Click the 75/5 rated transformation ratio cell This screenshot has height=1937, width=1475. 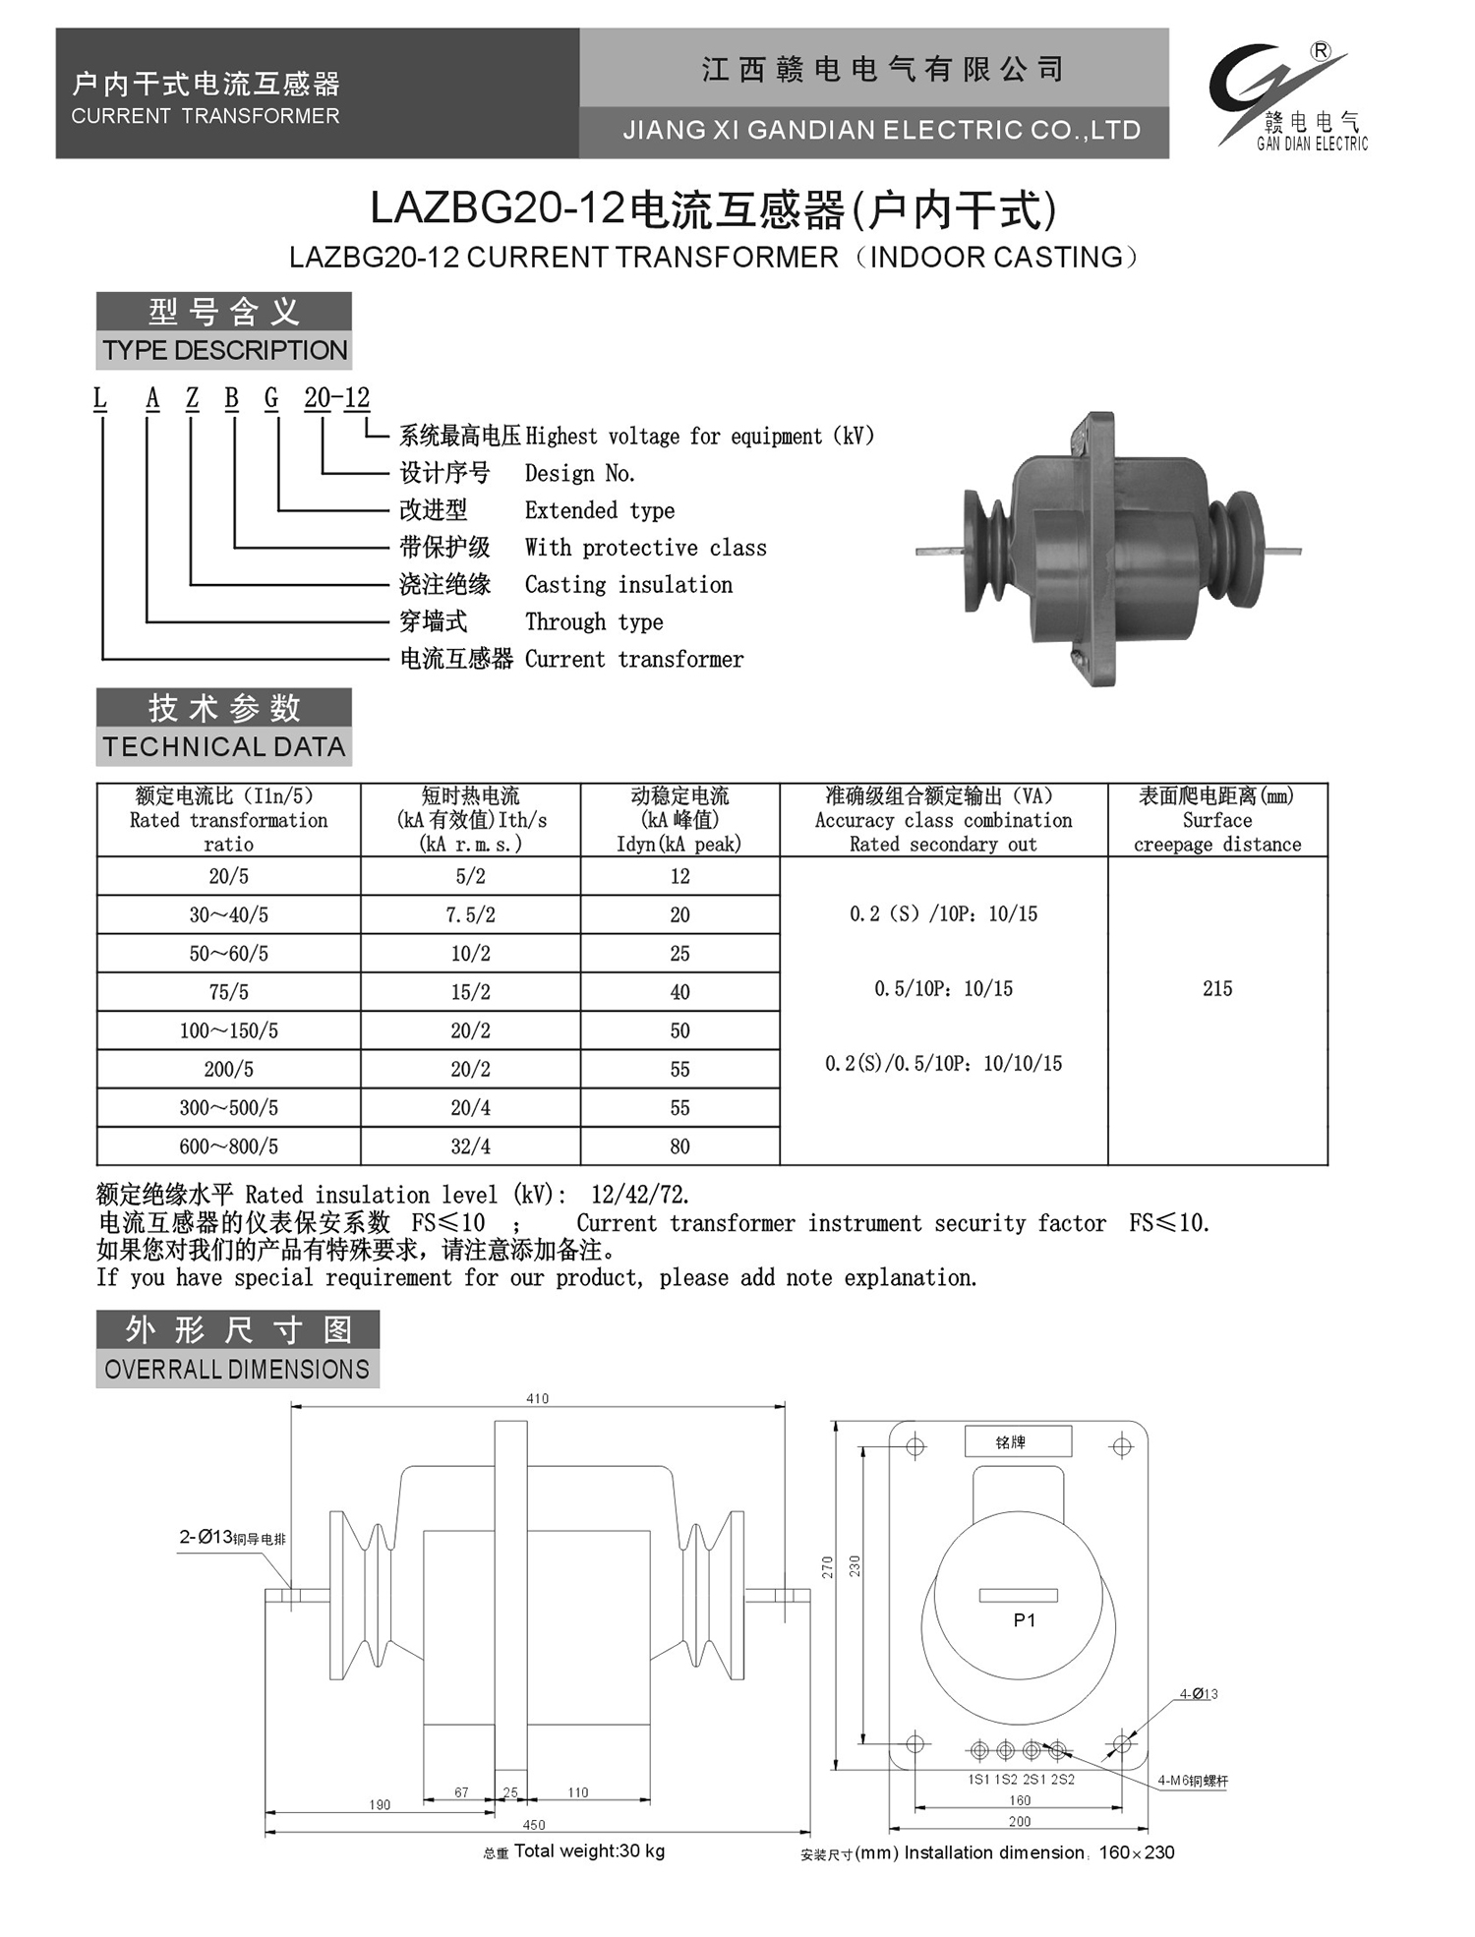point(228,992)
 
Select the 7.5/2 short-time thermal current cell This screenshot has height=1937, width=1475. point(470,915)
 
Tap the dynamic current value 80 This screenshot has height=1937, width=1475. point(679,1146)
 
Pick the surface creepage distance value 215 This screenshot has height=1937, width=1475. point(1216,989)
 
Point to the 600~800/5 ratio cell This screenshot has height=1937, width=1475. point(228,1146)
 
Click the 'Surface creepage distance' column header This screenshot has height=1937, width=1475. point(1216,820)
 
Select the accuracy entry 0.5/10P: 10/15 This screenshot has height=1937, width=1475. point(943,989)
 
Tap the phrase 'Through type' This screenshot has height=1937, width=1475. point(594,622)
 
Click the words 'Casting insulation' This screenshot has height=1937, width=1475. point(628,585)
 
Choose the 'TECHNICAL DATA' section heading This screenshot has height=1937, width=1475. point(224,747)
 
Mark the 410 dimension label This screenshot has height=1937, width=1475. point(537,1398)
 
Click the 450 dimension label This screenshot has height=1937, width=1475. point(534,1825)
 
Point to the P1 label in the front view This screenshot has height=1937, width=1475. point(1024,1620)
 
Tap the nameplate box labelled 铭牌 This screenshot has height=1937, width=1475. point(1017,1442)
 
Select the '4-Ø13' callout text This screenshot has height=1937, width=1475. point(1199,1694)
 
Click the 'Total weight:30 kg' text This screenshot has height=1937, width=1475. point(588,1851)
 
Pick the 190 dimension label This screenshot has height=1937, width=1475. point(380,1805)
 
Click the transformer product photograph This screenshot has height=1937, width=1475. point(1108,549)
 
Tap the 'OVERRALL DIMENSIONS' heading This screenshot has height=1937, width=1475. point(237,1370)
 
